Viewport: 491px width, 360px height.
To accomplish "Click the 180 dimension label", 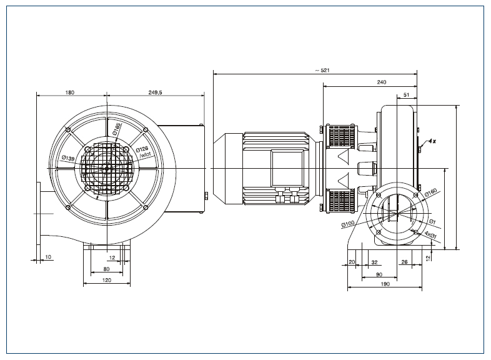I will (70, 92).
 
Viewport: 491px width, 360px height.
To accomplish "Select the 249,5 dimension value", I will (156, 92).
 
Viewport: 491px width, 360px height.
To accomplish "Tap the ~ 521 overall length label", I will (321, 70).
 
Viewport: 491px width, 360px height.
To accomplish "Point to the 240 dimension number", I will (382, 81).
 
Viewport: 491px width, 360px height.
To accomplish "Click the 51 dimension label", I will (407, 94).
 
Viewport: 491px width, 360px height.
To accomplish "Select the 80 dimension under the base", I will (106, 269).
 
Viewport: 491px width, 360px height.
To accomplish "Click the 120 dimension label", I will (106, 281).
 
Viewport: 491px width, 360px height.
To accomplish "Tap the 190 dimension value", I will (385, 285).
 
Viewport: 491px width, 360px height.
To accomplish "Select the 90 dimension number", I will (379, 274).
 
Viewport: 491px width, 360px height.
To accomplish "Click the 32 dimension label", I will (374, 262).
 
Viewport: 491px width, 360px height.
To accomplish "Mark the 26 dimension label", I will (405, 262).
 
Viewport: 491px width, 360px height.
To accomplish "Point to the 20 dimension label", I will (352, 262).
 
